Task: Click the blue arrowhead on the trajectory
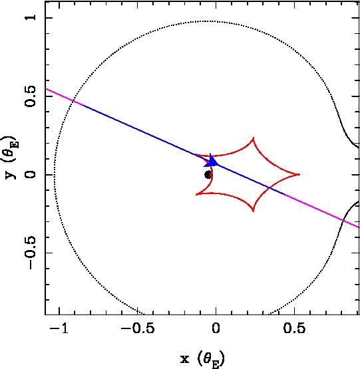click(x=211, y=161)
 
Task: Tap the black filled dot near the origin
click(x=208, y=175)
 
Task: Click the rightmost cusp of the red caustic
click(x=299, y=174)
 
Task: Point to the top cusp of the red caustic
click(x=254, y=138)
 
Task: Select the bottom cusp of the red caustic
click(x=254, y=211)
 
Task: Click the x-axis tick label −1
click(x=59, y=328)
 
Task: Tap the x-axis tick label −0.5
click(x=138, y=328)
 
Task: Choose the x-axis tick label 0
click(x=216, y=328)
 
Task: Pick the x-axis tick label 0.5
click(x=294, y=328)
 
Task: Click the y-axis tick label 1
click(x=31, y=17)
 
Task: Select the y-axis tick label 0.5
click(x=31, y=96)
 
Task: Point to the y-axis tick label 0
click(x=31, y=175)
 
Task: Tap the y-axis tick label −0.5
click(x=31, y=253)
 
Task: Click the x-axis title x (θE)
click(x=202, y=359)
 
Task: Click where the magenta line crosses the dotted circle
click(x=73, y=101)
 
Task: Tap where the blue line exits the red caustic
click(x=269, y=187)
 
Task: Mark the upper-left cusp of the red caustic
click(x=196, y=155)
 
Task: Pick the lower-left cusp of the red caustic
click(x=196, y=194)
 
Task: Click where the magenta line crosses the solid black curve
click(x=343, y=221)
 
